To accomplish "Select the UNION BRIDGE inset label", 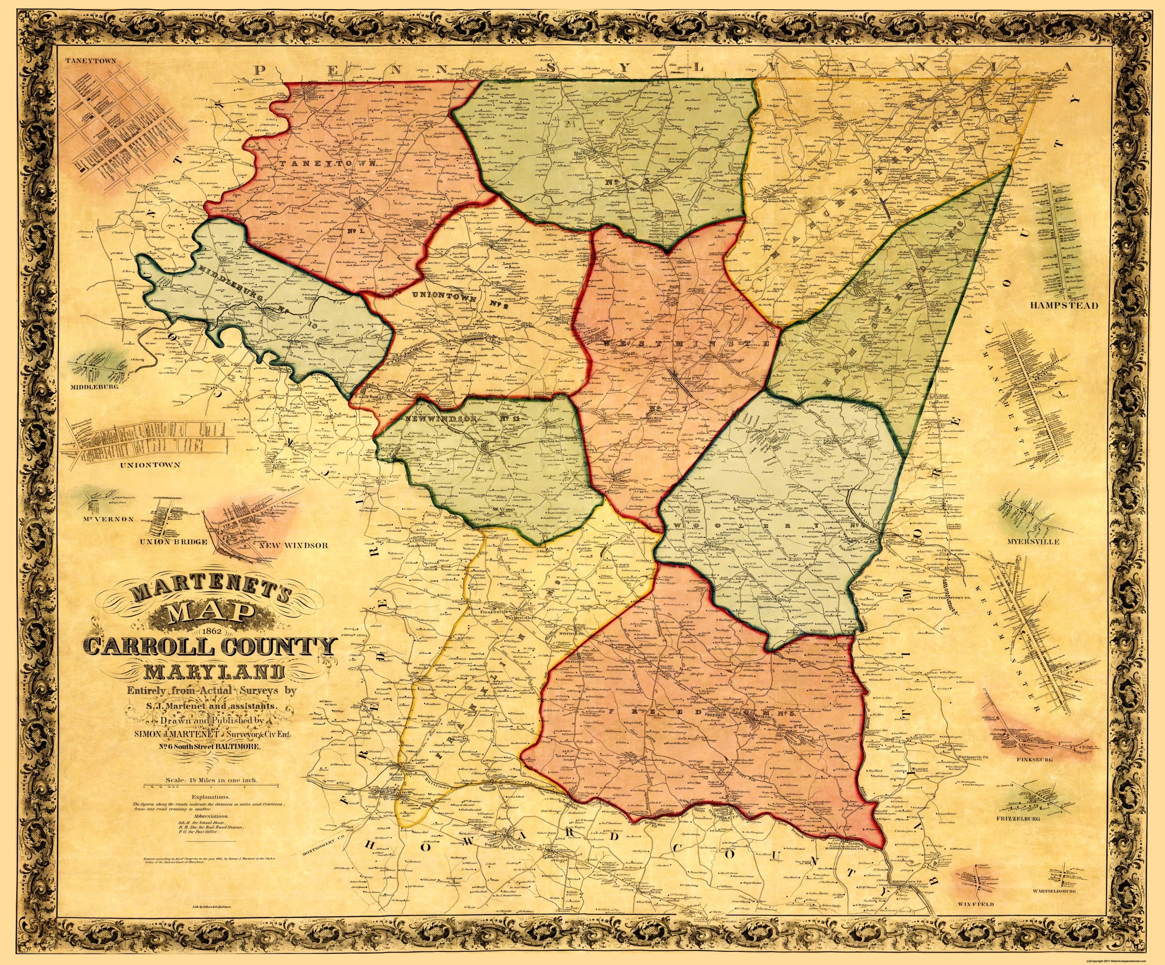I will coord(166,541).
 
